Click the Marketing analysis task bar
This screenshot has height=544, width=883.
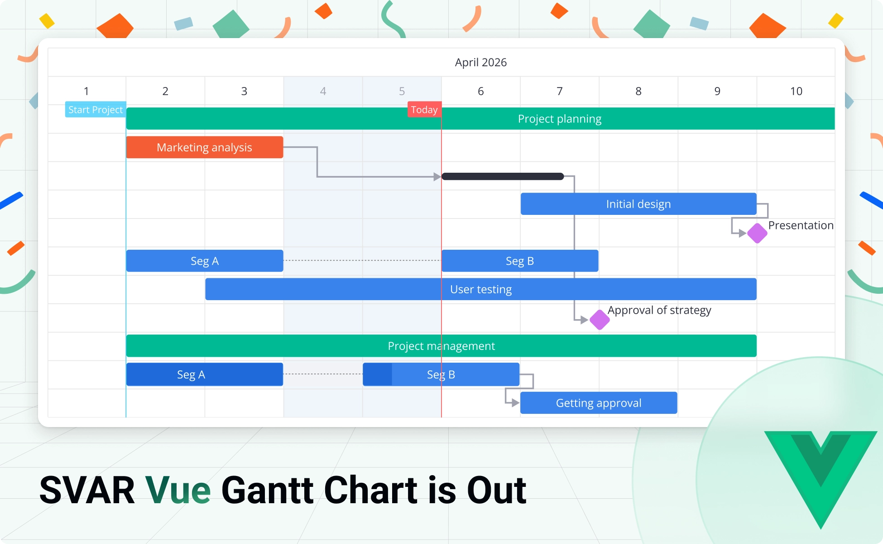tap(204, 147)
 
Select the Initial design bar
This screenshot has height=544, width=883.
tap(638, 204)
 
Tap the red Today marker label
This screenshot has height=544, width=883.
tap(424, 110)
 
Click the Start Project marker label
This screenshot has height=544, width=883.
tap(95, 110)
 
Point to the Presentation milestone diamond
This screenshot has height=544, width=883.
tap(757, 233)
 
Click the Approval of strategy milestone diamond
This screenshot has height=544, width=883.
tap(600, 320)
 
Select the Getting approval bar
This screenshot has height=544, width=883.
tap(598, 403)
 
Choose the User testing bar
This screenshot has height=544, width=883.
tap(480, 289)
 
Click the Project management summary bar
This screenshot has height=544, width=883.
tap(441, 346)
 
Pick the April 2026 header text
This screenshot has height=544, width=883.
tap(480, 62)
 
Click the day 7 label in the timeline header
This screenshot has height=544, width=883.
tap(560, 91)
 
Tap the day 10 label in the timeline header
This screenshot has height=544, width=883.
tap(796, 91)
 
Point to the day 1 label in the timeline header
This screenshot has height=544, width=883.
tap(86, 91)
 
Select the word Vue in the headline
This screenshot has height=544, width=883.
tap(178, 491)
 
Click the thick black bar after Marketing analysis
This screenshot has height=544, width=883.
tap(503, 176)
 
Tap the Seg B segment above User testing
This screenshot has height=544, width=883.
tap(520, 261)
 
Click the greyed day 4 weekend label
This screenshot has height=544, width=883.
tap(323, 91)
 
